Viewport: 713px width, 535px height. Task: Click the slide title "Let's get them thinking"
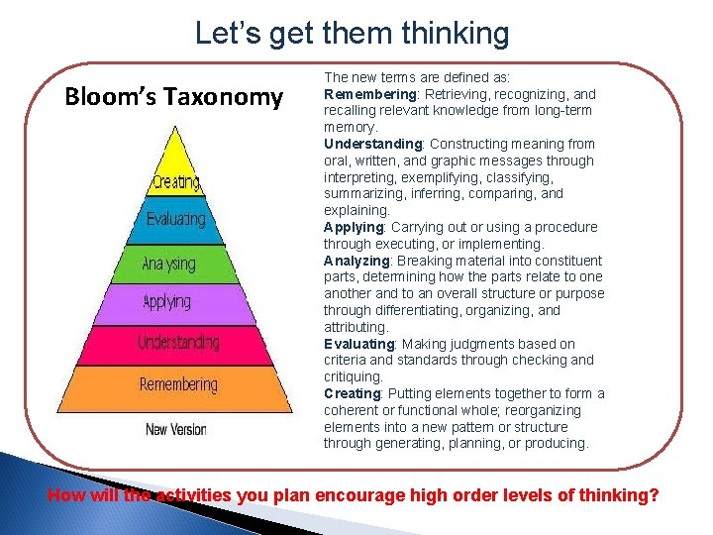(352, 33)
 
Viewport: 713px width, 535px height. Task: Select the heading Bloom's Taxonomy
(173, 96)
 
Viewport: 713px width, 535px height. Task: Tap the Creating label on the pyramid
(176, 182)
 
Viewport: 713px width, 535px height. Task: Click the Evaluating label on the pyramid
(176, 218)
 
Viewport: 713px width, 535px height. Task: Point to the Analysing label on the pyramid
(168, 265)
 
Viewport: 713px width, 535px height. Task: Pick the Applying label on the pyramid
(167, 301)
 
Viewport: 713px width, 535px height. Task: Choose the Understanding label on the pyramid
(178, 343)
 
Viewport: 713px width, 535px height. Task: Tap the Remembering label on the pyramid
(178, 383)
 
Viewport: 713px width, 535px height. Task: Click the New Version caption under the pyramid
(176, 429)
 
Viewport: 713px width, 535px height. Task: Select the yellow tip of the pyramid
(175, 149)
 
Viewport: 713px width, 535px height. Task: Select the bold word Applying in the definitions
(353, 227)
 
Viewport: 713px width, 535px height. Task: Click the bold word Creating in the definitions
(352, 393)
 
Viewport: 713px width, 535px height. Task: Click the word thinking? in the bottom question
(621, 495)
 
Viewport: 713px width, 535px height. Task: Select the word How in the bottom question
(67, 495)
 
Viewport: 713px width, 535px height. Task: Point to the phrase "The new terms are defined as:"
(417, 77)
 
